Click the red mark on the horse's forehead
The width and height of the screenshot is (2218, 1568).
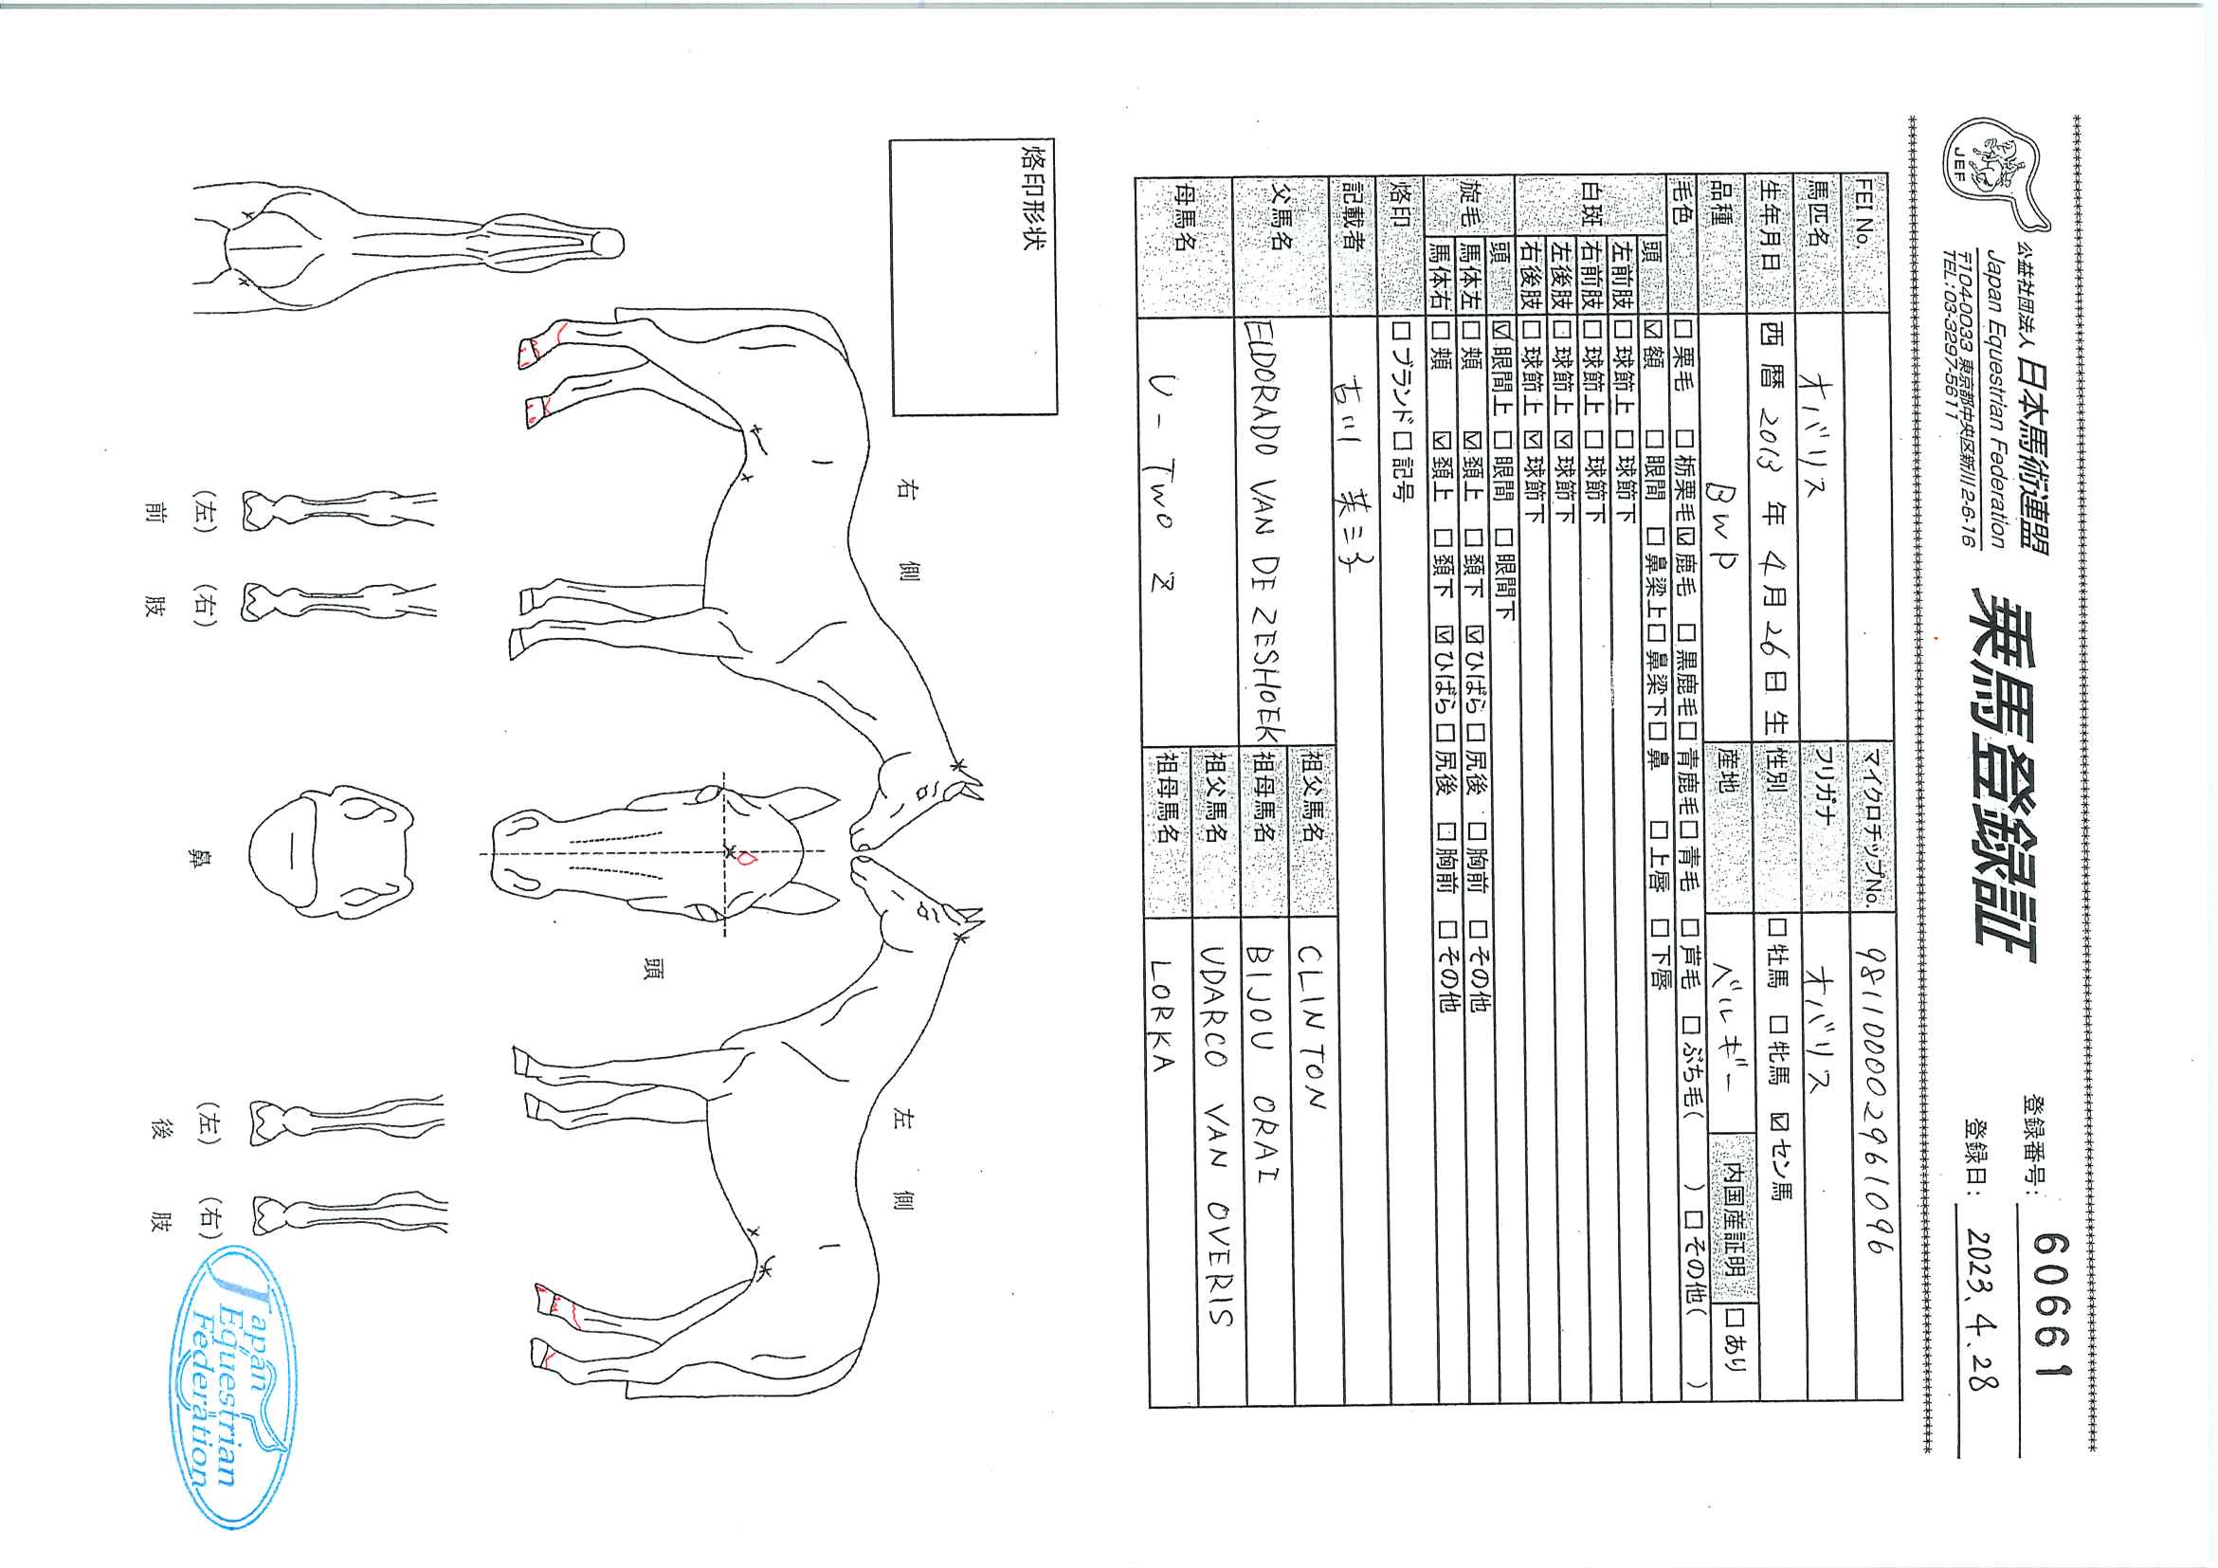746,857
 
